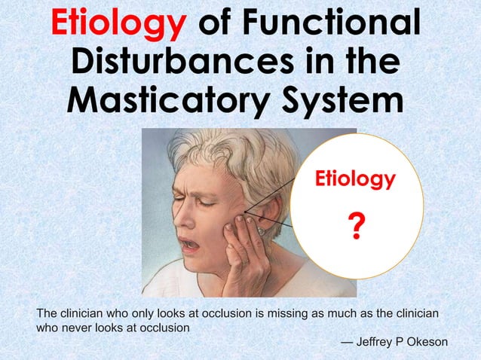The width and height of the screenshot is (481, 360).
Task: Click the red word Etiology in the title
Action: coord(118,24)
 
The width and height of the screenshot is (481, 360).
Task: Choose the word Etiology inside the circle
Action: coord(354,179)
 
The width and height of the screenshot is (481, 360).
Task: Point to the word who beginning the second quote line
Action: coord(48,328)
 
